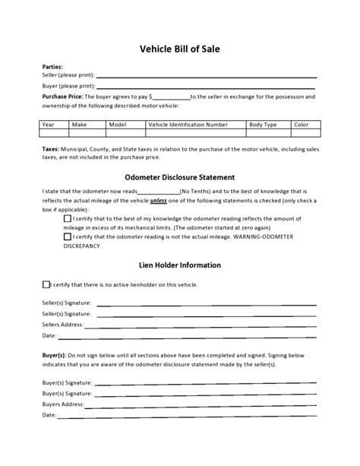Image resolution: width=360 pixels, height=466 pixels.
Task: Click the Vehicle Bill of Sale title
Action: pos(180,49)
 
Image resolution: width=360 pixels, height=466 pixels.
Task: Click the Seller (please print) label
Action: pos(68,77)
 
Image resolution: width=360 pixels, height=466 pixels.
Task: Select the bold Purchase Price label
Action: pos(62,97)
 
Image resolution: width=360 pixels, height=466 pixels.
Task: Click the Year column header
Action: pos(49,124)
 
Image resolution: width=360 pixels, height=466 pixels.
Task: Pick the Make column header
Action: pos(79,124)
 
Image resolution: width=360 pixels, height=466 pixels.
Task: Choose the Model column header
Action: pos(118,124)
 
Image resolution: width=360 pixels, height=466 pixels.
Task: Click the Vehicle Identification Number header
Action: pos(188,124)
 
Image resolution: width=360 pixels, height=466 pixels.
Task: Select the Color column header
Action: pos(302,124)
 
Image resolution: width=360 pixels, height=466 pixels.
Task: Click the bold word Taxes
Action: pos(51,150)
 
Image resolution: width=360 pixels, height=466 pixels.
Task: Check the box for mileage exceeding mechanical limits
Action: pos(68,218)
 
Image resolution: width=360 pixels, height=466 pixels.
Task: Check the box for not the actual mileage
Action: pos(68,236)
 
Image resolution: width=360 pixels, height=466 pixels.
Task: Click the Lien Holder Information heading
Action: pos(179,265)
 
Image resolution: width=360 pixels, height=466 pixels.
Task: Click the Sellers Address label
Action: pos(62,324)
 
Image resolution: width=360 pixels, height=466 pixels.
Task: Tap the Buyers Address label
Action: pos(62,404)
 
